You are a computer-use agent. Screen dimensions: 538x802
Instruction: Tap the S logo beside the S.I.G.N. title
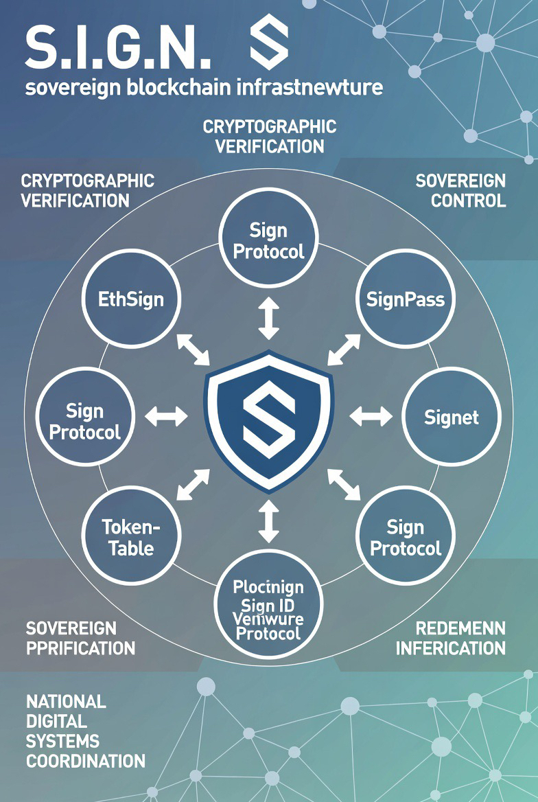(x=269, y=43)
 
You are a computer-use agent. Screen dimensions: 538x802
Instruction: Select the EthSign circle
(x=131, y=299)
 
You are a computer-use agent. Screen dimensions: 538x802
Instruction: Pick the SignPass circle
(x=406, y=299)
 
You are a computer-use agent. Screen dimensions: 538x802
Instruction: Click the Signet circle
(x=451, y=417)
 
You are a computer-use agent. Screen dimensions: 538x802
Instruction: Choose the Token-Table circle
(x=131, y=536)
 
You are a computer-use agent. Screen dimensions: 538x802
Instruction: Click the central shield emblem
(x=268, y=421)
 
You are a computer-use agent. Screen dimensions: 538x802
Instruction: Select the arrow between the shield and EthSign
(x=194, y=350)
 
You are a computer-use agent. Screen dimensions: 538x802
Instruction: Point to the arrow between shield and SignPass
(x=344, y=350)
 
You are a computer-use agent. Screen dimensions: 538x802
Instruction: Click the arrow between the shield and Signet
(x=371, y=416)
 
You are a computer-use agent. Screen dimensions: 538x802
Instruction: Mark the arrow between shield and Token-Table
(x=194, y=485)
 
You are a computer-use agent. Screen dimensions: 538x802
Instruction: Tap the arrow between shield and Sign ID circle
(x=268, y=521)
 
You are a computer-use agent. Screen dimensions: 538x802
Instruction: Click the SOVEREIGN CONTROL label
(x=460, y=191)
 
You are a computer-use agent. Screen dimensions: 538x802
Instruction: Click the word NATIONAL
(x=66, y=701)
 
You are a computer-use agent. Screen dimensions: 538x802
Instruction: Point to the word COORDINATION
(x=86, y=761)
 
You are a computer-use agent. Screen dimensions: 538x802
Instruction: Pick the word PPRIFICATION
(x=80, y=648)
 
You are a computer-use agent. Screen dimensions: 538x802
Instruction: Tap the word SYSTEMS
(x=62, y=741)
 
